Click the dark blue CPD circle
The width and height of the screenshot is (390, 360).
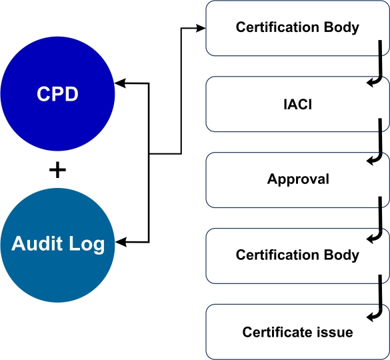57,94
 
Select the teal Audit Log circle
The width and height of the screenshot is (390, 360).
57,245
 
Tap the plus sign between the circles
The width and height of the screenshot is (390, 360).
57,170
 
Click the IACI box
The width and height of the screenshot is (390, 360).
297,104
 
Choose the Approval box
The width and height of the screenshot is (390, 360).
297,180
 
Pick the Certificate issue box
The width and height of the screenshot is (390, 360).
297,331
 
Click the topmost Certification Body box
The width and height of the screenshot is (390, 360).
297,28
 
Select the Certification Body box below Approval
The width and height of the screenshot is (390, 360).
297,256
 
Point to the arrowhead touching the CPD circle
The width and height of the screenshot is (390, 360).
121,83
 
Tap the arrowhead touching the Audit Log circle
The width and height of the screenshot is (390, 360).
121,242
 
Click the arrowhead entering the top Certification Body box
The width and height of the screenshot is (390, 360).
201,28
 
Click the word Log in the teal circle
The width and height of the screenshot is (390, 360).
87,245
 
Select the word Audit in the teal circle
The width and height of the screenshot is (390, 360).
37,243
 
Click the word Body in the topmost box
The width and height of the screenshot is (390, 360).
341,27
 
